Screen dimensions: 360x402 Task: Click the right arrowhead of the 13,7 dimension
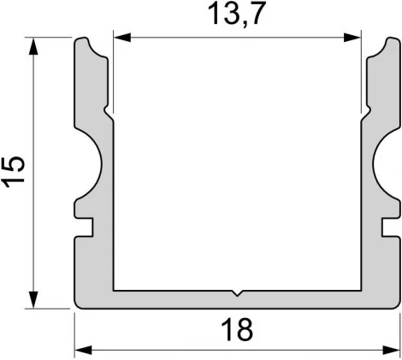tap(356, 37)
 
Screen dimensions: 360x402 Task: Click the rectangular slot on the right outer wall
tap(393, 227)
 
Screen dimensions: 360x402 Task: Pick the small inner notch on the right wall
tap(369, 110)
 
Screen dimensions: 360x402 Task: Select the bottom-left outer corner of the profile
tap(77, 305)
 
